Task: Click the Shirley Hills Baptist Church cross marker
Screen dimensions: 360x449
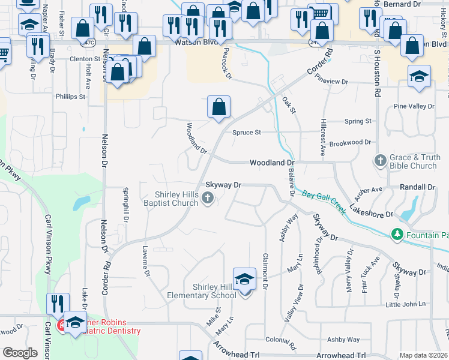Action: (x=208, y=198)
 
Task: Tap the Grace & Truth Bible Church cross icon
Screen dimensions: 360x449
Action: (x=380, y=160)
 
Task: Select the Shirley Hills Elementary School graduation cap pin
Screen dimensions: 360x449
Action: (x=244, y=280)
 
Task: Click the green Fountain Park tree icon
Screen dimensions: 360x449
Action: (x=396, y=233)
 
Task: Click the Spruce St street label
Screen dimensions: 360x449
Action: (x=247, y=132)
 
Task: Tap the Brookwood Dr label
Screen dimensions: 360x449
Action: (x=351, y=142)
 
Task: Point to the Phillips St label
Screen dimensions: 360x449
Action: (x=71, y=97)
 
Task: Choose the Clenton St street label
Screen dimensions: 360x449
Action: (x=85, y=59)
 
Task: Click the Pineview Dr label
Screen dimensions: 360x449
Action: (x=331, y=81)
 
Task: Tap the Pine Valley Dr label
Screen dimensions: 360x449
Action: (x=414, y=106)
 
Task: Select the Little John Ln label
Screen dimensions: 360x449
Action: (x=405, y=304)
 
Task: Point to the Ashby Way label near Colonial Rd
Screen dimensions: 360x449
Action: (x=343, y=340)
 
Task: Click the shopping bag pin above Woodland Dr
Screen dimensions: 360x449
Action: (x=219, y=107)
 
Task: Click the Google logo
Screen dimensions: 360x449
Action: (x=20, y=353)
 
